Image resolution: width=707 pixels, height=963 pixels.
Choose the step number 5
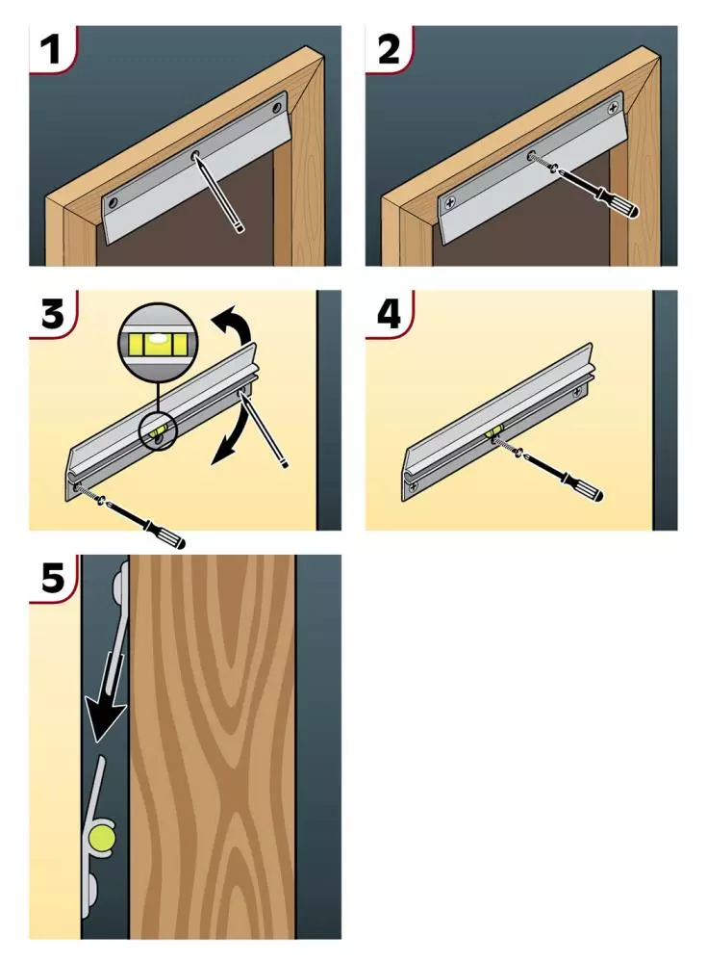(x=53, y=578)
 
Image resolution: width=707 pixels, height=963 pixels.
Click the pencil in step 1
(x=219, y=193)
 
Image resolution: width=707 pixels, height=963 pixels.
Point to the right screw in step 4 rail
(x=580, y=390)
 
